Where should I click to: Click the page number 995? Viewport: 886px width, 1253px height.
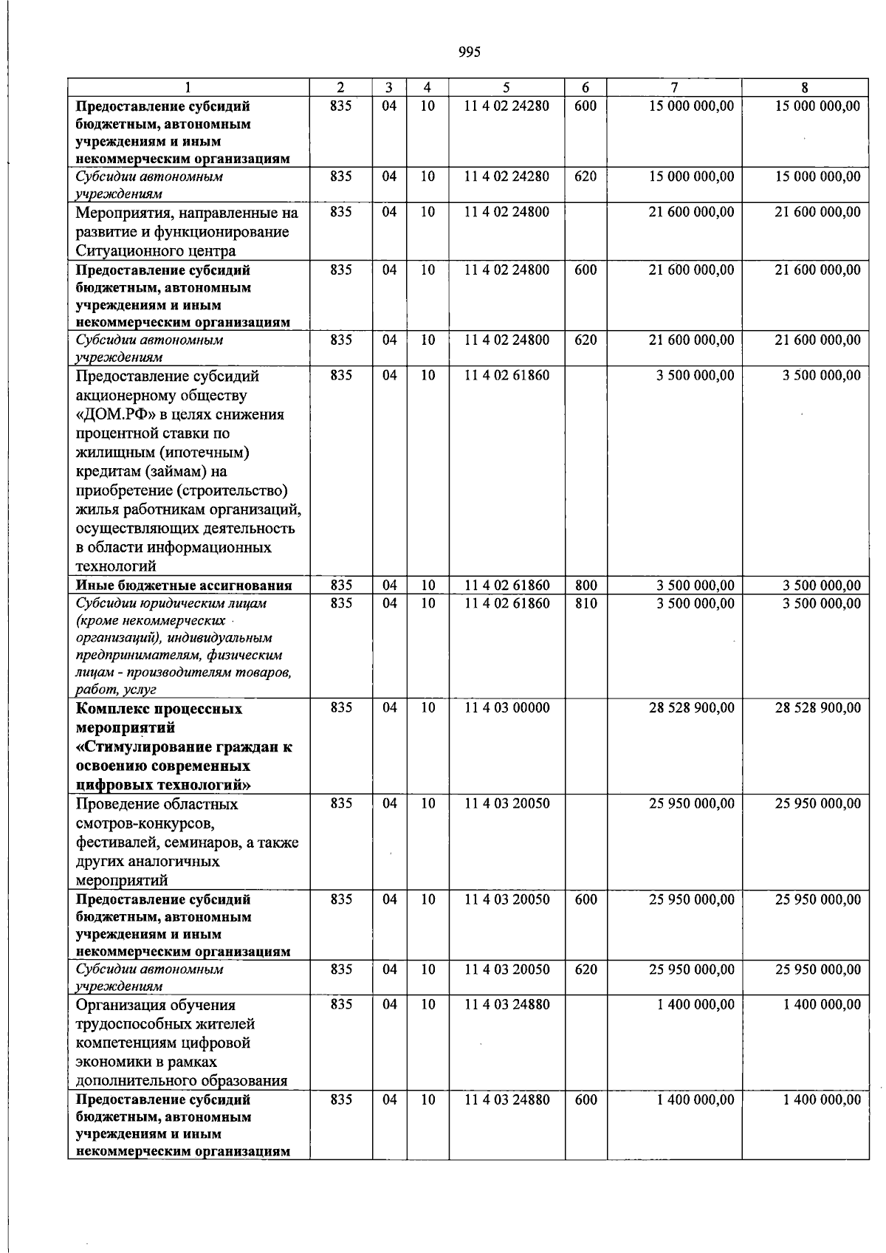[469, 52]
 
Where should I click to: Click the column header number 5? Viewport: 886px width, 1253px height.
[506, 86]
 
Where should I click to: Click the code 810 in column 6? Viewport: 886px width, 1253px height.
[585, 603]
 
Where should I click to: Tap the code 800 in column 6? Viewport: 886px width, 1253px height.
[585, 586]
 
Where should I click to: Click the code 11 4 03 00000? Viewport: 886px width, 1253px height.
[506, 707]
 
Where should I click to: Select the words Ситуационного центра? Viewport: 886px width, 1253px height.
[156, 251]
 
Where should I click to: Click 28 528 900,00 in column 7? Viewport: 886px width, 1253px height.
[691, 707]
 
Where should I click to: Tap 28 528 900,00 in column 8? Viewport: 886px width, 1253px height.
[817, 707]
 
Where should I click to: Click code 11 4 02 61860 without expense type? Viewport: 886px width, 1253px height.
[506, 375]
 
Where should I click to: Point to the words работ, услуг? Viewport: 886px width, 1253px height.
[116, 690]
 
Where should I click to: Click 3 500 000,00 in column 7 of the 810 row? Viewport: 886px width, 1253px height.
[695, 603]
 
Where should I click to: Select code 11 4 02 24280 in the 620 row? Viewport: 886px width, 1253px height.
[506, 176]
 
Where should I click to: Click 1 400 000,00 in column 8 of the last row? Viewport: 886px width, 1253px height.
[821, 1099]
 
